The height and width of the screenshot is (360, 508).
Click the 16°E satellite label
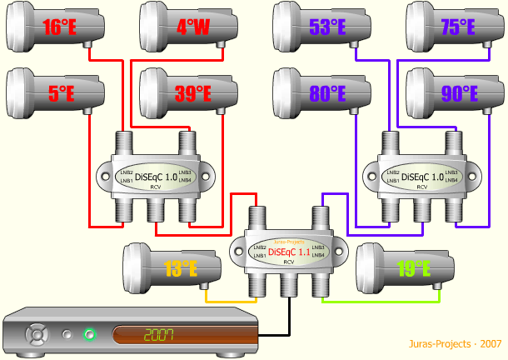point(61,27)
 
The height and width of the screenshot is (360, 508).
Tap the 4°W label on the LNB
point(192,27)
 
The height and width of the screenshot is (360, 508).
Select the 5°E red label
point(61,94)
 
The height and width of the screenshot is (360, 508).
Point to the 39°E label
point(192,94)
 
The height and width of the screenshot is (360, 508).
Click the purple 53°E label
point(326,27)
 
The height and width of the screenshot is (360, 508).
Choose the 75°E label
point(459,27)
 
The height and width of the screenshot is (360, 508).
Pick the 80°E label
point(326,94)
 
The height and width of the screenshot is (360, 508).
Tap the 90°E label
point(459,94)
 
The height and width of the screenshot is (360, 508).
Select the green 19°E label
point(413,268)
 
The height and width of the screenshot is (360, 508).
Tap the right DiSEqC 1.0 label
point(423,176)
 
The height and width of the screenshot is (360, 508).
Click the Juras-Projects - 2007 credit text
point(456,343)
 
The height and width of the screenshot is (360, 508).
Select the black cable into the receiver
point(289,317)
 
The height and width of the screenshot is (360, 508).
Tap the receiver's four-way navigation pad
point(37,336)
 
